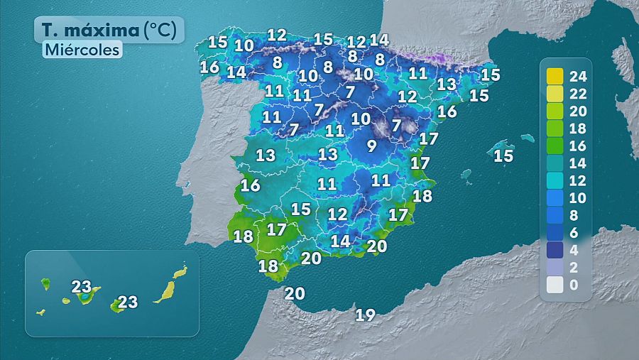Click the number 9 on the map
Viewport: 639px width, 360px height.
pos(371,147)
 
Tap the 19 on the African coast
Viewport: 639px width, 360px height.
pos(365,315)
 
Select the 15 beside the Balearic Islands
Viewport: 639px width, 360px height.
pos(503,156)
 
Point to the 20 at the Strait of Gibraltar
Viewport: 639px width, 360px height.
pos(295,293)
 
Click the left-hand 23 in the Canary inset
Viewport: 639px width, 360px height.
pos(82,287)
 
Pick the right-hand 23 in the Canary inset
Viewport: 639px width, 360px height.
pos(127,302)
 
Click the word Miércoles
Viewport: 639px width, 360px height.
pos(82,50)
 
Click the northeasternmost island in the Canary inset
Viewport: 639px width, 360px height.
pos(180,272)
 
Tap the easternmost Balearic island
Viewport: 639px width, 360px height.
pos(527,138)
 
